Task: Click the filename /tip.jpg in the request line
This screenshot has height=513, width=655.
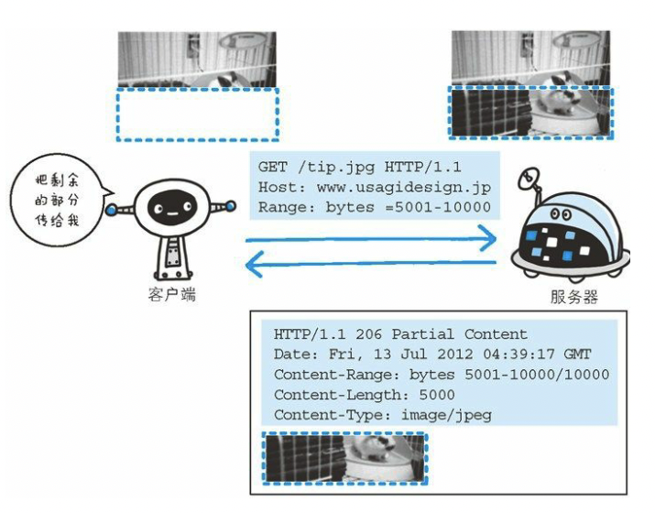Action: (331, 169)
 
